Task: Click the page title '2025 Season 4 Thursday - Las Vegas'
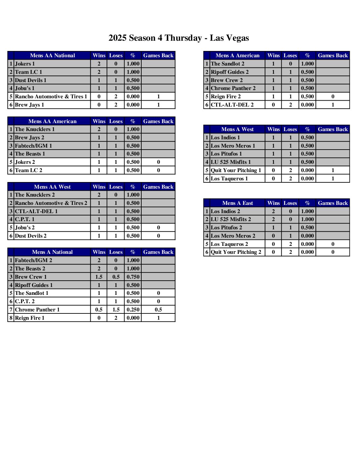pos(179,38)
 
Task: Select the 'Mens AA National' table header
pos(52,56)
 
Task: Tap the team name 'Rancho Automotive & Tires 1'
pos(51,97)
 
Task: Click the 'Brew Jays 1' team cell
pos(29,105)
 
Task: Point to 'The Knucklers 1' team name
pos(35,129)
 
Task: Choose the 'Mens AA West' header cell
pos(52,187)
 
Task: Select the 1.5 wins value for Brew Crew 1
pos(99,277)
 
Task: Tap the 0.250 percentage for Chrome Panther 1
pos(133,310)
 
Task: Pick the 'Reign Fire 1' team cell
pos(29,318)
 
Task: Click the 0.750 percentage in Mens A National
pos(133,277)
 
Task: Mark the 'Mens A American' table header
pos(238,56)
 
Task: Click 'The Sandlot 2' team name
pos(228,64)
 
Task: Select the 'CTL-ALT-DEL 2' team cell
pos(232,105)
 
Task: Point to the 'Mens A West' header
pos(238,129)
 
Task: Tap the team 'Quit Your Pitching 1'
pos(236,170)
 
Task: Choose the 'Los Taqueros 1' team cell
pos(229,179)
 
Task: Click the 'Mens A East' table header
pos(238,203)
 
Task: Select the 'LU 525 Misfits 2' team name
pos(231,219)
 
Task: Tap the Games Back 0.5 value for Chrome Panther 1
pos(158,310)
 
